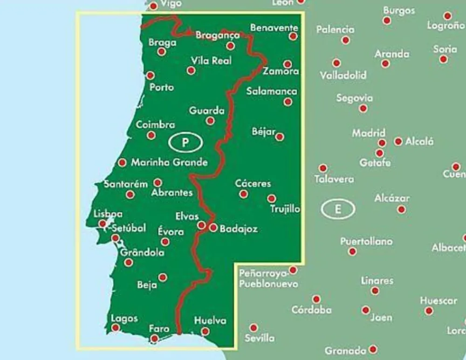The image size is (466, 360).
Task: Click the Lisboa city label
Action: coord(108,214)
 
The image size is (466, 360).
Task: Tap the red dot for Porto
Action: coord(150,75)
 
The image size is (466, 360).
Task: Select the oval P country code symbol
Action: coord(185,143)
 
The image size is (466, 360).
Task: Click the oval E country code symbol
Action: coord(337,209)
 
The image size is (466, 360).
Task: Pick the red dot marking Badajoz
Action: coord(213,228)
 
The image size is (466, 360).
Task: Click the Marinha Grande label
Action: coord(169,163)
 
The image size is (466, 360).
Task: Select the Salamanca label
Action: coord(272,91)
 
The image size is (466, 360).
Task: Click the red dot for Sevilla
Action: coord(254,328)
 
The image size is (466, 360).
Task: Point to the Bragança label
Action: coord(218,35)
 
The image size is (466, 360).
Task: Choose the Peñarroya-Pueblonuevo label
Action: coord(268,278)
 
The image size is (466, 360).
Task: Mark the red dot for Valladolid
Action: coord(336,63)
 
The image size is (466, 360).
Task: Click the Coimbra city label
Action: coord(156,125)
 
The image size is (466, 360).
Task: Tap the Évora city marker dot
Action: coord(165,242)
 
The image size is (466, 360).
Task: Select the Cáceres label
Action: coord(253,183)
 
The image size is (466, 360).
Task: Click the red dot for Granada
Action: coord(373,349)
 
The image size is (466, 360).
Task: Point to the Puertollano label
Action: coord(366,241)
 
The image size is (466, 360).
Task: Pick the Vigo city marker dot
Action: coord(153,6)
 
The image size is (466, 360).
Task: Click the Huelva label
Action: coord(210,320)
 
